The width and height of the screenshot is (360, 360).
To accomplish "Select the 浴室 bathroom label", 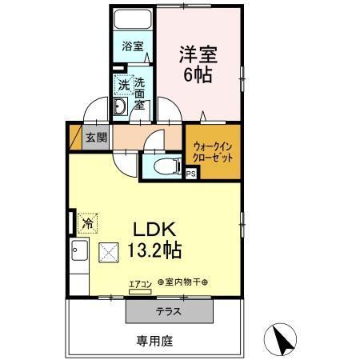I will coord(133,46).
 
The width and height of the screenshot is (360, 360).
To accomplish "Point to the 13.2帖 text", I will coord(154,250).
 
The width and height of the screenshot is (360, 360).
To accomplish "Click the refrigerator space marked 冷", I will coord(88,220).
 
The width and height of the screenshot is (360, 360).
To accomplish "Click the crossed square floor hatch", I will coord(107,253).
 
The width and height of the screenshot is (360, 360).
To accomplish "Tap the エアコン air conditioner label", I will coord(139,283).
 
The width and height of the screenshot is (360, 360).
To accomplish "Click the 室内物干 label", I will coord(182,283).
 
